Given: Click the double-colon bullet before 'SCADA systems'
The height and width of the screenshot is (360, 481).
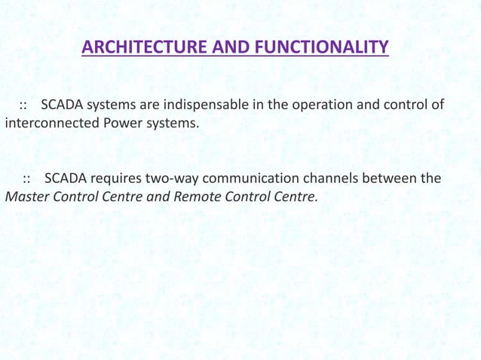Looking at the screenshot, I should [23, 105].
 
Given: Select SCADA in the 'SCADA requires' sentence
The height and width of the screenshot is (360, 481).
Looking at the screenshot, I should [66, 179].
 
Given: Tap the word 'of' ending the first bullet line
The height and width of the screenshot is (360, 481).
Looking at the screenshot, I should [437, 104].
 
